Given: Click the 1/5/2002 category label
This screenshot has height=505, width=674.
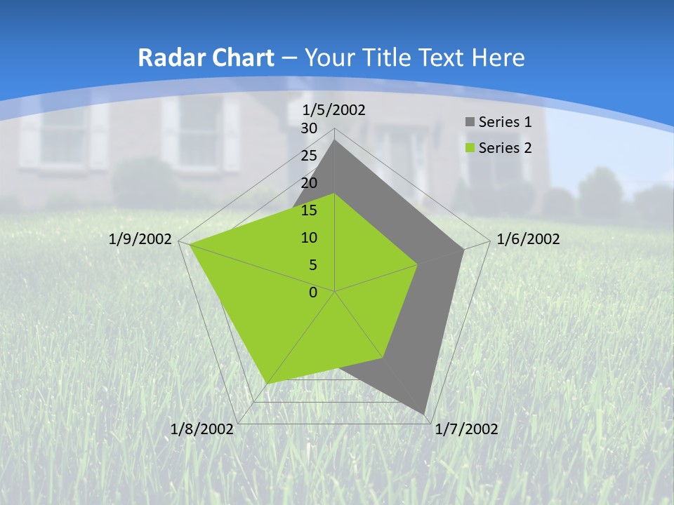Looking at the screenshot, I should [334, 110].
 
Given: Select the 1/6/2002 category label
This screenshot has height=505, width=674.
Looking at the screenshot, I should [528, 239].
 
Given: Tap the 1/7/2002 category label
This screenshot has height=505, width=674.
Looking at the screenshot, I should [467, 429].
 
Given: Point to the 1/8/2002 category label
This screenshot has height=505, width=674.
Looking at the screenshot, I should [202, 429].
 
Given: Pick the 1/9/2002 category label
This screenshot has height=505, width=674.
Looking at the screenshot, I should [140, 239].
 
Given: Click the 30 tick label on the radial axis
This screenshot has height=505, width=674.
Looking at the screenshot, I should [309, 128].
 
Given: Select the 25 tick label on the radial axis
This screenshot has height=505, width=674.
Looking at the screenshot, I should [309, 156].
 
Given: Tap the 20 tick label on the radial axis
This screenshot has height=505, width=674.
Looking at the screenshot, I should [309, 183].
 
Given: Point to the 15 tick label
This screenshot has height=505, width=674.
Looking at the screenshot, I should [309, 210].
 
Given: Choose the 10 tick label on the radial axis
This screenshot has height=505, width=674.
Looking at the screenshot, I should [309, 238].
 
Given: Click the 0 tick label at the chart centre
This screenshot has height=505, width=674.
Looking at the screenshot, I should [313, 292].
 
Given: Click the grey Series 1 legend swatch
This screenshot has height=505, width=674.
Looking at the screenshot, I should [470, 123].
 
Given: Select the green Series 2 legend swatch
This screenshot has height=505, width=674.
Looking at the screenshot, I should [470, 148].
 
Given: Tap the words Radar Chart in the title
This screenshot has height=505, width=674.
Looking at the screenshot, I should [206, 58].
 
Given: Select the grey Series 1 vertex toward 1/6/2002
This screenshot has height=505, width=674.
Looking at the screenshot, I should [463, 249].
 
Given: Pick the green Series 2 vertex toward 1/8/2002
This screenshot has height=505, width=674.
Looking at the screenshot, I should [267, 383].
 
